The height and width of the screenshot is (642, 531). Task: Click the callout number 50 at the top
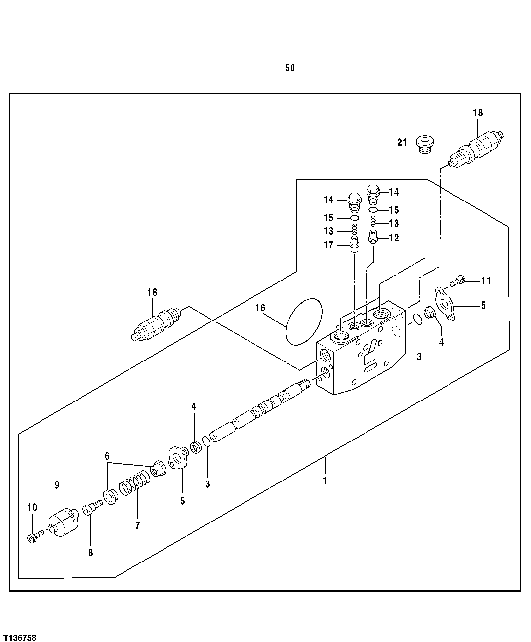point(290,67)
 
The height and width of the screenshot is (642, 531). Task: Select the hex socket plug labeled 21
point(424,143)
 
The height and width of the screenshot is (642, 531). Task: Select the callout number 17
point(328,245)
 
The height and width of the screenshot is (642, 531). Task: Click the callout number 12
point(394,238)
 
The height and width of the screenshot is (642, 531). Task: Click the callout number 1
point(325,480)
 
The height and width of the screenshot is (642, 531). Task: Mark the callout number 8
point(90,553)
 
